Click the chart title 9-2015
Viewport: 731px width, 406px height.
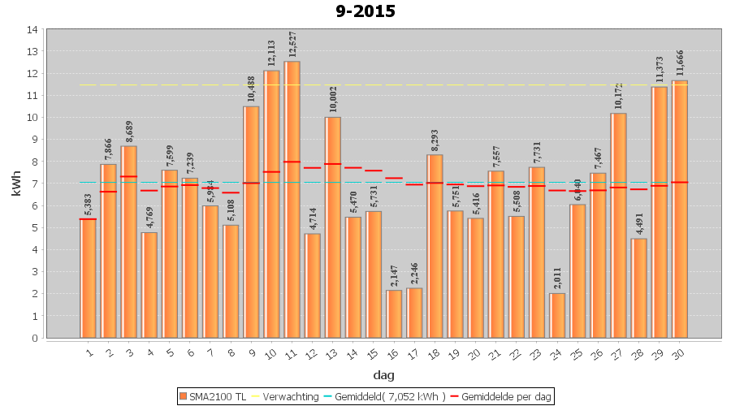tap(365, 11)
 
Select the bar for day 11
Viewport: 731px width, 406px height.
tap(292, 199)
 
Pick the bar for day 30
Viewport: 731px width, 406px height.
tap(680, 209)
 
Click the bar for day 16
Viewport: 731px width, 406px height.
tap(394, 313)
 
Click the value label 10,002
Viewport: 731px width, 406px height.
tap(333, 99)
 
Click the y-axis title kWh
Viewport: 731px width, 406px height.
tap(14, 184)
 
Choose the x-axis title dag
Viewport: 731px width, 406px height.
tap(383, 375)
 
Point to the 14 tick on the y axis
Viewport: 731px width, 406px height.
tap(32, 30)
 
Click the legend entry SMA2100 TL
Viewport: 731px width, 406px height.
tap(213, 396)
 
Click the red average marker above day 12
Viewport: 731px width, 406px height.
tap(313, 167)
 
